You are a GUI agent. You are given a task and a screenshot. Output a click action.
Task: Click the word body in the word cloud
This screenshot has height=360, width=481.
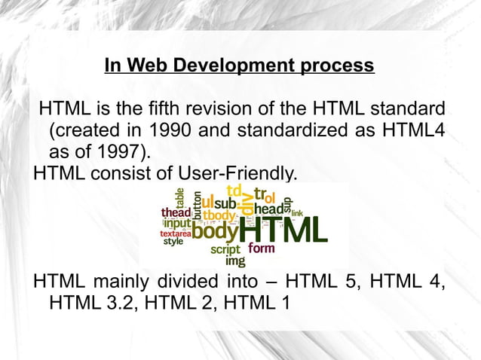click(x=214, y=232)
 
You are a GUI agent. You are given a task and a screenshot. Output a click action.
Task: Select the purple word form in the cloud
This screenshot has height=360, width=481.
click(x=261, y=249)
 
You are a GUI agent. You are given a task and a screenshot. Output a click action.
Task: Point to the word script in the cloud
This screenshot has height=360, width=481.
click(x=225, y=249)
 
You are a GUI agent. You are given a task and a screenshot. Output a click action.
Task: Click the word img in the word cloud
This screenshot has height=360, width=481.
click(x=235, y=262)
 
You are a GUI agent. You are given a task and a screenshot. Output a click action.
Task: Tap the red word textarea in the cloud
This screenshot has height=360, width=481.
click(x=176, y=233)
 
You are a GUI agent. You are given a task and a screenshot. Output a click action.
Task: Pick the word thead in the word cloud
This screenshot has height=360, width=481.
click(x=176, y=213)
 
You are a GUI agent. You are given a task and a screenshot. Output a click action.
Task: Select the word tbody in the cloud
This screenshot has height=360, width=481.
click(x=219, y=217)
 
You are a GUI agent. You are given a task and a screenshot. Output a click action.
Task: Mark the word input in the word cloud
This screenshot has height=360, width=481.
click(x=177, y=224)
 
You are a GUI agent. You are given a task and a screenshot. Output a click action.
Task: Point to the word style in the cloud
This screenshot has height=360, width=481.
click(x=173, y=242)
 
